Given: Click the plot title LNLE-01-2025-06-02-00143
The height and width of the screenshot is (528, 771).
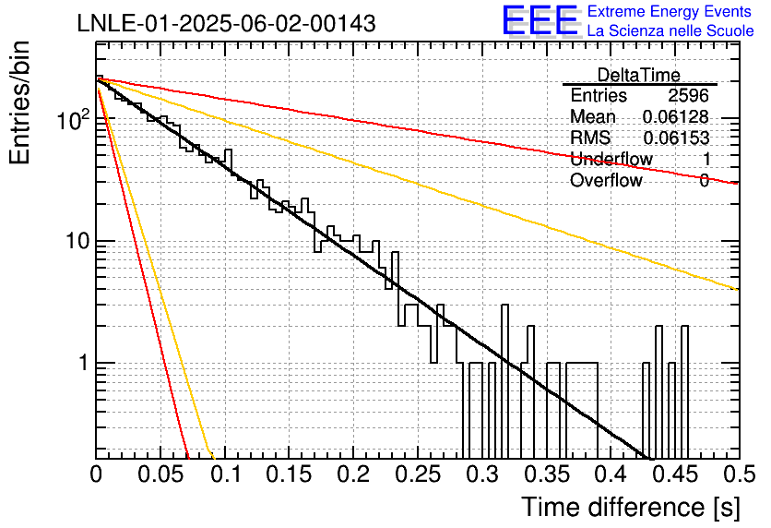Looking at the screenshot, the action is [227, 23].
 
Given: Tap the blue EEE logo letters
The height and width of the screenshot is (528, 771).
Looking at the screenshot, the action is [540, 20].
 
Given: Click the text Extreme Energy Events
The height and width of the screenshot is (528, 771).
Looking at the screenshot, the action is [670, 11].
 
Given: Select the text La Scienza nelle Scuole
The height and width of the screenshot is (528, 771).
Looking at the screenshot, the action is [670, 31].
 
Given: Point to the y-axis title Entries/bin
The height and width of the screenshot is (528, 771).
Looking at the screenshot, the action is [19, 103].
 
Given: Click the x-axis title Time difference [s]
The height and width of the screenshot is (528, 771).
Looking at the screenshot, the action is [631, 507].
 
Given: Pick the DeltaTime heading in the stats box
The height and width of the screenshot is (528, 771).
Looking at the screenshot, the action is [639, 75].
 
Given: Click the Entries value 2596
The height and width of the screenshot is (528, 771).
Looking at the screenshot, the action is [688, 95].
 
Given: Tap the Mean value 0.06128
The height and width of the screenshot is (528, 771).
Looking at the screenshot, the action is [676, 116].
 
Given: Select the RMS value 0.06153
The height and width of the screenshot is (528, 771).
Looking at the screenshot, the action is [676, 138].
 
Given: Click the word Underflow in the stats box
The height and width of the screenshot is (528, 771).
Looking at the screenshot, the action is [611, 159].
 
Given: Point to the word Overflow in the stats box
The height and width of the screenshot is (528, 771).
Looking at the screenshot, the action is [606, 180].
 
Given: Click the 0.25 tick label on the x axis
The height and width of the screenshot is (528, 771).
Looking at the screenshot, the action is [419, 474].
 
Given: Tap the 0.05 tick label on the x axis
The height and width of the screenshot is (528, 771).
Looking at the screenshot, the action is [160, 474].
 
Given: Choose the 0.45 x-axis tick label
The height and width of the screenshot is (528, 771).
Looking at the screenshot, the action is [676, 474].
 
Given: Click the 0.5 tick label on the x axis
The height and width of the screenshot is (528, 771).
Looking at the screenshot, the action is [740, 474].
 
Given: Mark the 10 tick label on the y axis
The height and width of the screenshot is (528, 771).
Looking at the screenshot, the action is [77, 241].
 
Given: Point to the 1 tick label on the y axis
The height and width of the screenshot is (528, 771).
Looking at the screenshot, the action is [83, 363].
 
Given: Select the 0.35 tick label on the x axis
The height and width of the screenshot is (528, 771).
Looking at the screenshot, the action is [547, 474].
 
